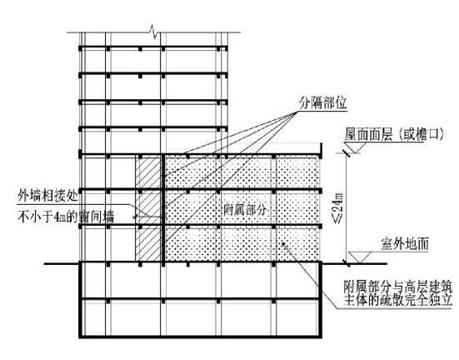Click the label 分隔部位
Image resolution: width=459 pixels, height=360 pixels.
coord(322,102)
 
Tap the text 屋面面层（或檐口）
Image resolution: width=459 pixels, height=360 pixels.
coord(394,134)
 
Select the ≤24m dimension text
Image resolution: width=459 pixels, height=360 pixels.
coord(338,208)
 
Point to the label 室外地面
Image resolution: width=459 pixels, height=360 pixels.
coord(405,244)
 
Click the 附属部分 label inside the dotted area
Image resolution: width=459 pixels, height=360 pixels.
coord(245,209)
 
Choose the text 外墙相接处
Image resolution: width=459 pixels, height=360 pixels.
coord(47,195)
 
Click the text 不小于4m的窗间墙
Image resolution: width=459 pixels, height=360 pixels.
coord(66,217)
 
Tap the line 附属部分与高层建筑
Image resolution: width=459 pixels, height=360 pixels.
coord(398,287)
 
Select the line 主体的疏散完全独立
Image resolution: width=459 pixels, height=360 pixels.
coord(398,300)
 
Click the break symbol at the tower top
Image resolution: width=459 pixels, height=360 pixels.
coord(154,32)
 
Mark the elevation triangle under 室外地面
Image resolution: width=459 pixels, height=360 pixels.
coord(360,257)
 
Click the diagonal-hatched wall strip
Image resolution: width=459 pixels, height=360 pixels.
coord(148,207)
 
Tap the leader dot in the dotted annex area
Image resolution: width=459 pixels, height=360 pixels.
coord(282,243)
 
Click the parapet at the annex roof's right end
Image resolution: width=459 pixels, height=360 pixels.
coord(321,151)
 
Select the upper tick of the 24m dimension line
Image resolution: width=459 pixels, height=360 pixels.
coord(347,152)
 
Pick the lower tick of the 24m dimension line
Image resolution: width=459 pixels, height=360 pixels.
coord(347,262)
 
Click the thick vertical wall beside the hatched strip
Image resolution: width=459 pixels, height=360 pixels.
coord(162,207)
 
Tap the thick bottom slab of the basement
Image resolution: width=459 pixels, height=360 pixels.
coord(200,337)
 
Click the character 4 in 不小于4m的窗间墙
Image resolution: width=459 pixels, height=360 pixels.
coord(57,217)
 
